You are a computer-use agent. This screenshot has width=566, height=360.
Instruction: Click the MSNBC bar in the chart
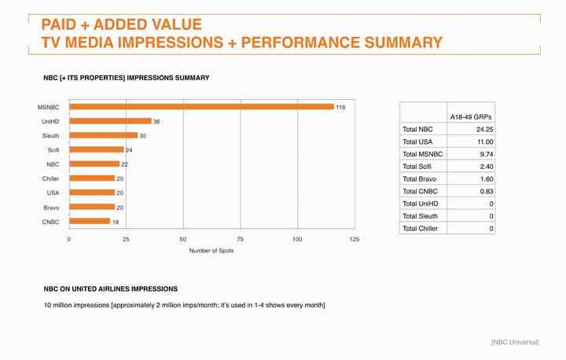coord(200,107)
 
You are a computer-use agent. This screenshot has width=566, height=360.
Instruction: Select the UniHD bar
coord(110,121)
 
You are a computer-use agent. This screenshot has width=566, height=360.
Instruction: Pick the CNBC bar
coord(90,221)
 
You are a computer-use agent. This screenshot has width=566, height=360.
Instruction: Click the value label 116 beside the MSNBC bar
coord(340,107)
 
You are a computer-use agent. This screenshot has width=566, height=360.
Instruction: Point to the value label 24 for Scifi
coord(130,149)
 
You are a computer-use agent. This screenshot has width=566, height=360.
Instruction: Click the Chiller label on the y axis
coord(50,178)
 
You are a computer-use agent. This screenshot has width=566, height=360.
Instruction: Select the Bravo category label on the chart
coord(50,207)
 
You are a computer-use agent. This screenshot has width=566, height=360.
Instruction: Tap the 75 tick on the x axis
coord(241,238)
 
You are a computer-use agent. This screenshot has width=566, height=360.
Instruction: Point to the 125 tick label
coord(354,238)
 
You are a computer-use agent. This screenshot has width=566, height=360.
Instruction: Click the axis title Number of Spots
coord(211,251)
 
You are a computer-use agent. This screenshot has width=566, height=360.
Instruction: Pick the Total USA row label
coord(418,141)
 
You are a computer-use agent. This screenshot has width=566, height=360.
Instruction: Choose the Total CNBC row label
coord(421,191)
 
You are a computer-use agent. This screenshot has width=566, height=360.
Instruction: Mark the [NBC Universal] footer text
coord(515,342)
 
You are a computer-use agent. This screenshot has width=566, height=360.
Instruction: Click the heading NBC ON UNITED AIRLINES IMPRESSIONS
coord(111,288)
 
